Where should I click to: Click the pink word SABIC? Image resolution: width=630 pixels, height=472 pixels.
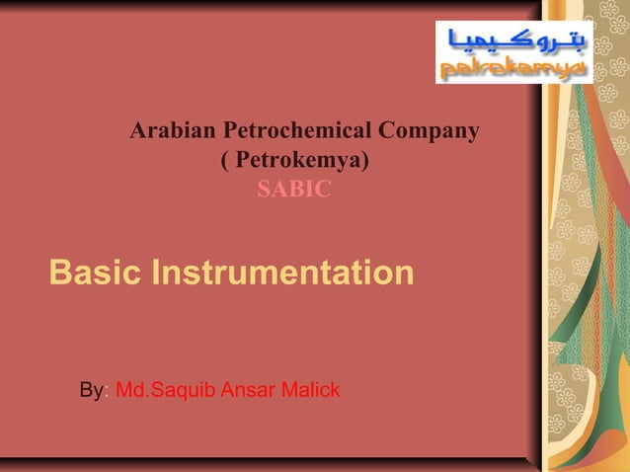(x=294, y=189)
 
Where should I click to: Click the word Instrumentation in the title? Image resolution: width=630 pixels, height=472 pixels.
(x=282, y=273)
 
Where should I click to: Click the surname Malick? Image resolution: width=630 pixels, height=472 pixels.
(x=309, y=391)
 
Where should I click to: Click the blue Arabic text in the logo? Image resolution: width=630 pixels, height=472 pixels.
(x=514, y=40)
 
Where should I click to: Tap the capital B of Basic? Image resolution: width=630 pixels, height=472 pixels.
(x=60, y=273)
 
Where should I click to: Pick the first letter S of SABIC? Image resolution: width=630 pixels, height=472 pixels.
(x=264, y=189)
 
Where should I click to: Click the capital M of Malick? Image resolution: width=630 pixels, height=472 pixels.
(x=285, y=391)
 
